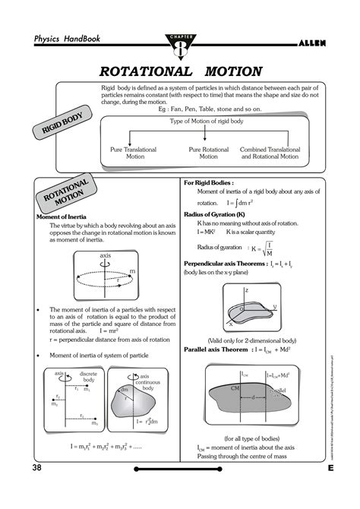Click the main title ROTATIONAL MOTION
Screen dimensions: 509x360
181,71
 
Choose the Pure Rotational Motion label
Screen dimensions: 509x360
209,153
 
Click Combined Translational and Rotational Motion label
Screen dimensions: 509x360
279,153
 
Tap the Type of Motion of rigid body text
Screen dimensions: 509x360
208,122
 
